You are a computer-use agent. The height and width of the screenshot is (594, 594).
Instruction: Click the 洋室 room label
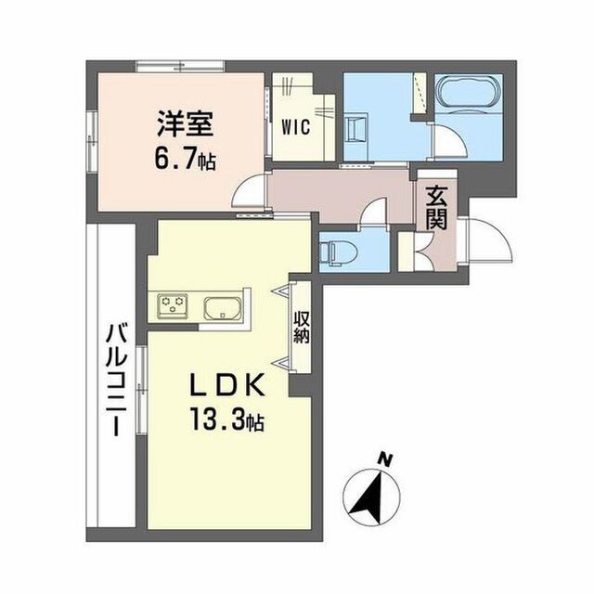(x=186, y=123)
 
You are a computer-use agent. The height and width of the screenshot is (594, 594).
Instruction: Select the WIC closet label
(x=296, y=127)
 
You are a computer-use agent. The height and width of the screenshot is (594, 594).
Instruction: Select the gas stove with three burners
(x=174, y=303)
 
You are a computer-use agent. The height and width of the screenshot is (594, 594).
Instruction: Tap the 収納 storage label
(x=302, y=328)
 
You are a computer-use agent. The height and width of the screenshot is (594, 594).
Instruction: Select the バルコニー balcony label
(x=116, y=381)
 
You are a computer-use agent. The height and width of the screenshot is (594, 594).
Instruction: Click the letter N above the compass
(x=385, y=460)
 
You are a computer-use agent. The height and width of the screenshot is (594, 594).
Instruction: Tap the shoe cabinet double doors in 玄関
(x=424, y=252)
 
